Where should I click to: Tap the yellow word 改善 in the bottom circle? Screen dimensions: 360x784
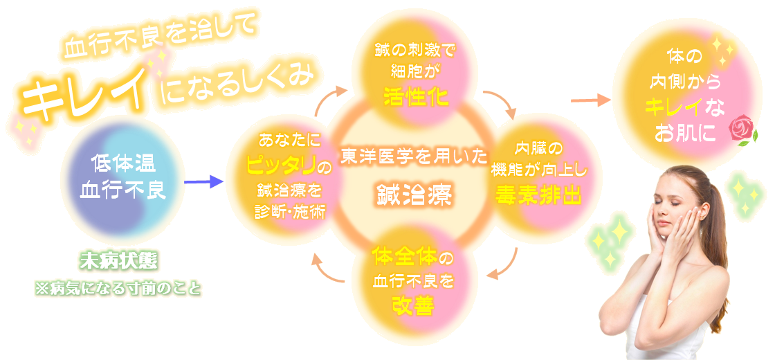click(x=414, y=305)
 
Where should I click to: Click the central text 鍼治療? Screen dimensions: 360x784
click(x=414, y=195)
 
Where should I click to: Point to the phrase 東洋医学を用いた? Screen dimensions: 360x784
click(x=414, y=157)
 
